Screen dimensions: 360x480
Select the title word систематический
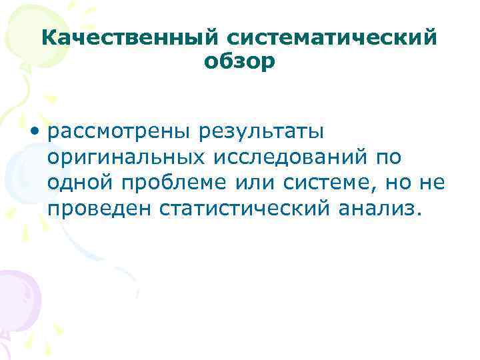tap(315, 37)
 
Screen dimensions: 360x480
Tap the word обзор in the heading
tap(239, 61)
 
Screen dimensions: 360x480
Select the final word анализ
tap(385, 209)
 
